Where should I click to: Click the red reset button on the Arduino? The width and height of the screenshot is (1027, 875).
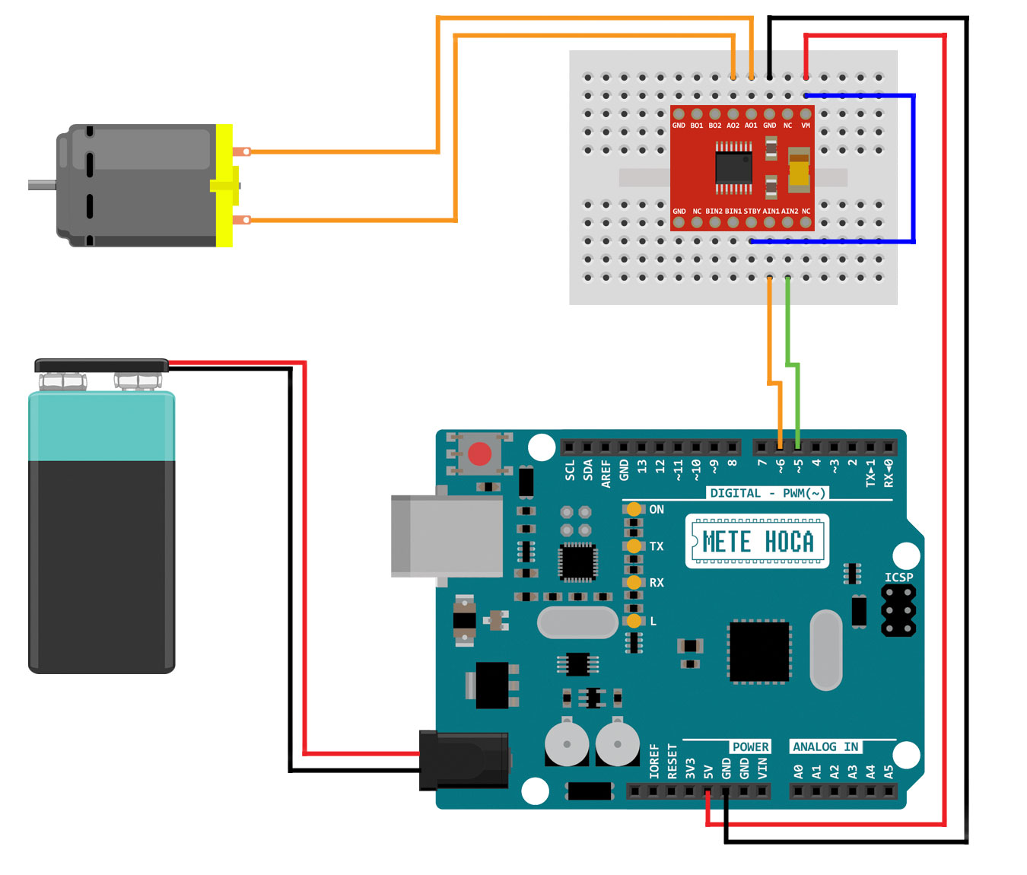point(479,454)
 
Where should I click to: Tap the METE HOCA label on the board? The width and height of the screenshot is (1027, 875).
point(757,542)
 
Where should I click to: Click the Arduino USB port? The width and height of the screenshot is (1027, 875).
point(447,536)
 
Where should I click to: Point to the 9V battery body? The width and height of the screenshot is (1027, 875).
point(102,563)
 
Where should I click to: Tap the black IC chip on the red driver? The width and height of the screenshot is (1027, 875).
point(733,166)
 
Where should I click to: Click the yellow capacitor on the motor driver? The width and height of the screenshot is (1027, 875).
point(799,170)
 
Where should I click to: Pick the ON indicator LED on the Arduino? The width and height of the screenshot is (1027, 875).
point(634,509)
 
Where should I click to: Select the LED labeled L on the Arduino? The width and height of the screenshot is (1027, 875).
point(634,621)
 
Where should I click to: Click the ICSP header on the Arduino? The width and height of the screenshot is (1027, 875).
point(898,609)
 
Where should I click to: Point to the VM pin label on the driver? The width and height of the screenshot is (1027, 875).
point(806,126)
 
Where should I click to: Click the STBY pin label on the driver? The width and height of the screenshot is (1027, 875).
point(752,211)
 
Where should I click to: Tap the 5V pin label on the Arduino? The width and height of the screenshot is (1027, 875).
point(708,771)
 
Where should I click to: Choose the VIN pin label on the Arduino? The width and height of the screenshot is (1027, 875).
point(762,768)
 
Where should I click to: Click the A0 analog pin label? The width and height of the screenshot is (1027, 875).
point(798,771)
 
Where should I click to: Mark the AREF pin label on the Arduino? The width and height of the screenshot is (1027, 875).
point(606,473)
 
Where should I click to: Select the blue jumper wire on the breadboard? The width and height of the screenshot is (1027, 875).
point(913,167)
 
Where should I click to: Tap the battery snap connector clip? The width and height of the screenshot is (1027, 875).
point(101,366)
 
